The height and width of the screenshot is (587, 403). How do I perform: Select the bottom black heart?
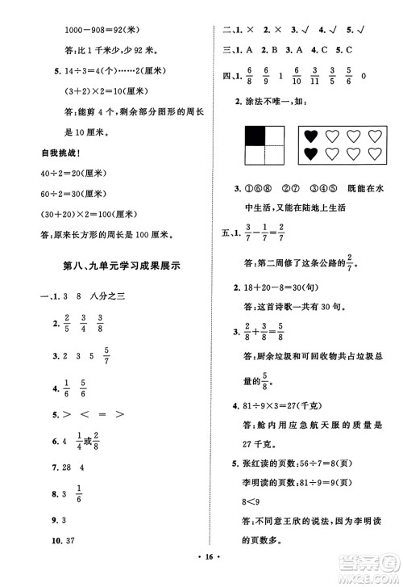click(x=310, y=153)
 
